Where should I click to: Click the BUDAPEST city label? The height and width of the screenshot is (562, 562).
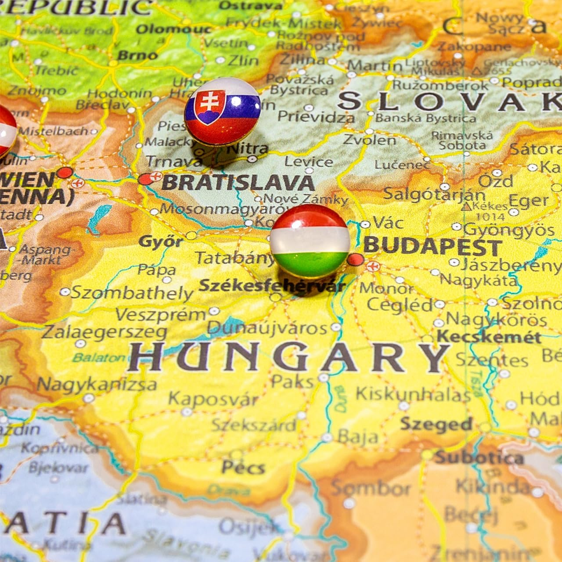(x=432, y=247)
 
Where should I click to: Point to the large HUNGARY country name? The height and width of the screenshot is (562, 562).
(x=288, y=357)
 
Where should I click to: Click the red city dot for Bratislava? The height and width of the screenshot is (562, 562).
(x=144, y=179)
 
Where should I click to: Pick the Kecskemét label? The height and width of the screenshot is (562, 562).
(x=490, y=337)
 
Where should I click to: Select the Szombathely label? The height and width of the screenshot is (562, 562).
(x=132, y=292)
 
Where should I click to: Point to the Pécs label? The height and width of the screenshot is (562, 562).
(x=243, y=466)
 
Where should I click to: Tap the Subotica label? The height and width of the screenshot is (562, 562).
(x=479, y=458)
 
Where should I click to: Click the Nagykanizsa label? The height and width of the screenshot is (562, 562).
(x=97, y=385)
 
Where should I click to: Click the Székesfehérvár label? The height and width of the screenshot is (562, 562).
(x=272, y=285)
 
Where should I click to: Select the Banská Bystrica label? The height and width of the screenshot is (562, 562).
(x=425, y=118)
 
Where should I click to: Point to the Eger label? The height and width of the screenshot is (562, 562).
(x=528, y=201)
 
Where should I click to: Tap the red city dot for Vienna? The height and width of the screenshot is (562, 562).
(x=65, y=172)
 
